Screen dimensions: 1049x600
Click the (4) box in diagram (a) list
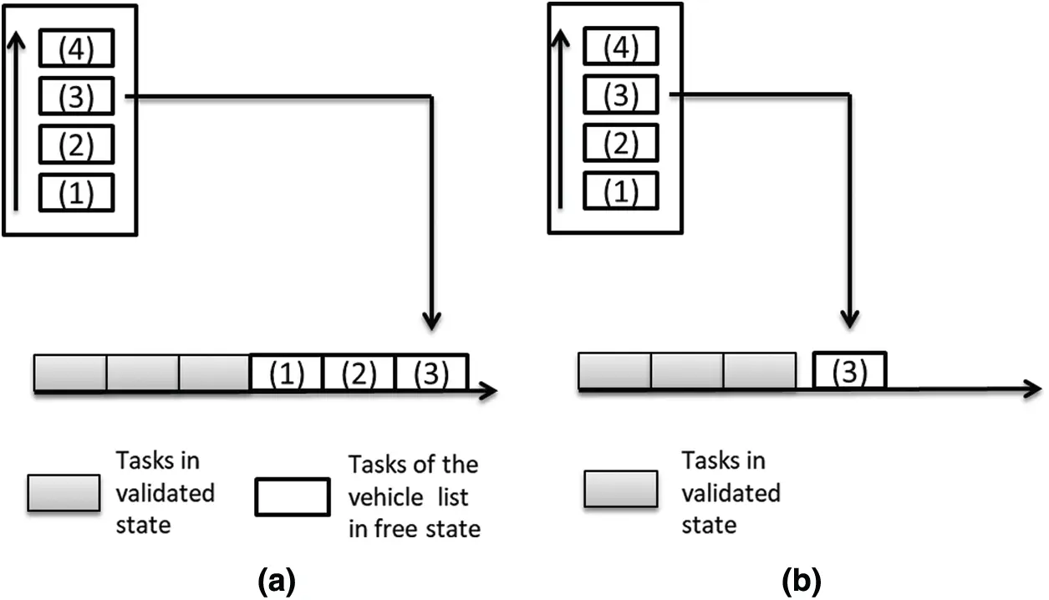[x=76, y=48]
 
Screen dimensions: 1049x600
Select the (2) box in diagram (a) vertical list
[x=76, y=144]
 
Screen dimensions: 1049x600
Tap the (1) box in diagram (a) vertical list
[x=76, y=193]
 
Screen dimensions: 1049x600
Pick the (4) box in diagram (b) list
[x=621, y=46]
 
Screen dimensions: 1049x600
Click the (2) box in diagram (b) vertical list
[x=621, y=142]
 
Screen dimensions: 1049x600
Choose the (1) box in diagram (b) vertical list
[x=621, y=191]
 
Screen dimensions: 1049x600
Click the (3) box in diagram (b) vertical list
[x=621, y=94]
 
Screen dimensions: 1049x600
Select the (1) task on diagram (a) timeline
[x=287, y=373]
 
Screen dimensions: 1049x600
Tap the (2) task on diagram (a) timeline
[x=359, y=373]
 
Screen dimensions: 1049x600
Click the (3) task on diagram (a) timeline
[x=432, y=373]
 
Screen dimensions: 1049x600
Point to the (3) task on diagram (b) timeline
[x=849, y=371]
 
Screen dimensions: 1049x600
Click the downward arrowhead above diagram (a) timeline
[x=431, y=321]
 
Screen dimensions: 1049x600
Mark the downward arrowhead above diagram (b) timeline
[x=849, y=319]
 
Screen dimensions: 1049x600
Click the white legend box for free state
[x=293, y=496]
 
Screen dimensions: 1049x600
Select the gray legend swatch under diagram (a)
[x=64, y=493]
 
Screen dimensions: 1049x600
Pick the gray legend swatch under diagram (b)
[x=621, y=489]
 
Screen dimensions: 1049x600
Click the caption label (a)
[x=277, y=582]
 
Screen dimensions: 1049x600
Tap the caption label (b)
[x=802, y=582]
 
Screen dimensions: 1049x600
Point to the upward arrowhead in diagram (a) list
[x=17, y=39]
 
